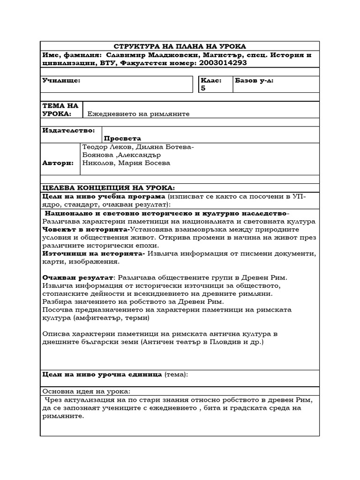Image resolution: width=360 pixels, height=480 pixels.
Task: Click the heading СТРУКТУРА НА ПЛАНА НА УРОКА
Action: (180, 46)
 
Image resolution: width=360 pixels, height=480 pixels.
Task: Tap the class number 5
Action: (203, 88)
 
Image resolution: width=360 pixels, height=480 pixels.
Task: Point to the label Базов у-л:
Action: (255, 81)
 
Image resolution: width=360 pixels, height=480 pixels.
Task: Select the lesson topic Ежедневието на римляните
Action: (139, 114)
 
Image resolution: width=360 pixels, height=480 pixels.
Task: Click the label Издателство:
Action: (68, 130)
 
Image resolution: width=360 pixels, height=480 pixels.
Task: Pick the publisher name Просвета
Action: (122, 139)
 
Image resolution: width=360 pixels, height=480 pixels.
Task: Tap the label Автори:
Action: (58, 163)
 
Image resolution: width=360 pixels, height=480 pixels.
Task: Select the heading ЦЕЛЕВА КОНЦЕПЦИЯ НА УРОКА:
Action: (108, 188)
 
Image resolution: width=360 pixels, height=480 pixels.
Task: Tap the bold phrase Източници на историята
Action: (93, 254)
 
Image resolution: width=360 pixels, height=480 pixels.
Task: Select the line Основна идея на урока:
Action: (87, 391)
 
